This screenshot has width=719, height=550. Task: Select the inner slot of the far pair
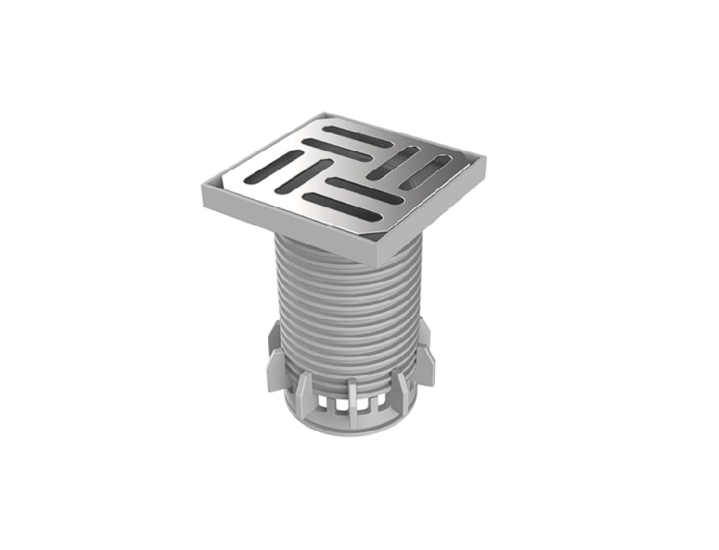coord(337,149)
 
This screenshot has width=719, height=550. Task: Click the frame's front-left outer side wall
coord(288,230)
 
